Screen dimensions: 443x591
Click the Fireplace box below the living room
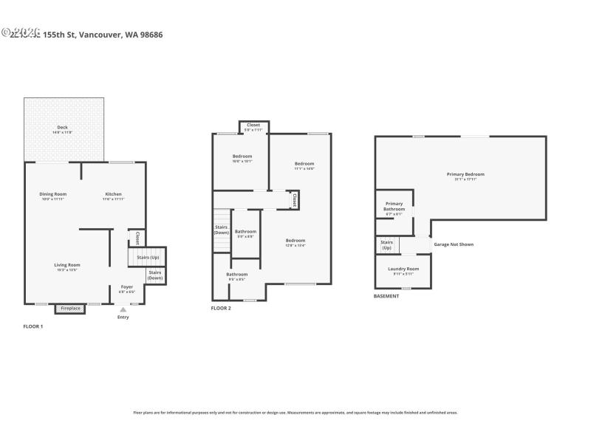click(x=70, y=308)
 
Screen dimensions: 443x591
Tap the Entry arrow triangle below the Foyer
click(x=123, y=310)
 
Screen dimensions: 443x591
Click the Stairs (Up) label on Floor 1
click(x=148, y=257)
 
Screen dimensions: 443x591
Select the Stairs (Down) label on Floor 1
click(x=155, y=275)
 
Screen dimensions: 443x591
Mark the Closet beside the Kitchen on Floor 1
click(x=137, y=238)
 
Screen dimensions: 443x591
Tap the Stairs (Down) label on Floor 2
click(x=221, y=230)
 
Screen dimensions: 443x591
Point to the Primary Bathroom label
click(x=394, y=207)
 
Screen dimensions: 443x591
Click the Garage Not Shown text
click(x=454, y=244)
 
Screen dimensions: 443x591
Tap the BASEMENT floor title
click(x=387, y=297)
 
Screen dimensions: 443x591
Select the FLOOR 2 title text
click(x=221, y=308)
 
